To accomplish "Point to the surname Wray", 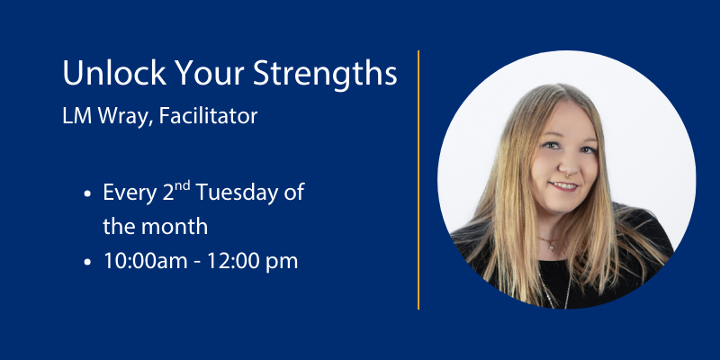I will pos(121,117).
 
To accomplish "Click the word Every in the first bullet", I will pos(126,193).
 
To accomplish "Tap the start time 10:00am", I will pos(144,261).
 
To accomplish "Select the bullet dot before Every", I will pos(86,193).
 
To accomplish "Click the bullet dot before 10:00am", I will pos(86,262).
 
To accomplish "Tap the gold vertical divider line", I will pos(418,180).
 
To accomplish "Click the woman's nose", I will pos(562,165).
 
